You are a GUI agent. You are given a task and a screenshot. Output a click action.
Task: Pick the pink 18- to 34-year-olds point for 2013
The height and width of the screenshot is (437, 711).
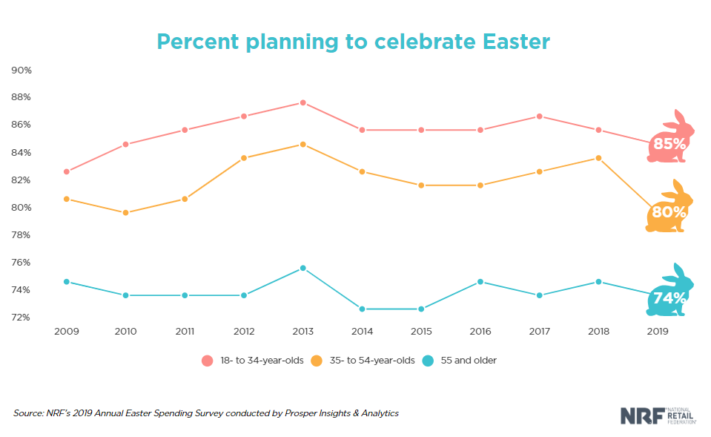click(x=302, y=102)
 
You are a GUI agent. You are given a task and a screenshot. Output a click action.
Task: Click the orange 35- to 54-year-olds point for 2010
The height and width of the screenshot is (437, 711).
click(x=125, y=212)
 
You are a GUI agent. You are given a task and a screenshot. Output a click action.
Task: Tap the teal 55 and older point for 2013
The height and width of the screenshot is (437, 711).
click(x=302, y=268)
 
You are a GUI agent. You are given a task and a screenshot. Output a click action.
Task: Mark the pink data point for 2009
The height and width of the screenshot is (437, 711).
click(x=66, y=171)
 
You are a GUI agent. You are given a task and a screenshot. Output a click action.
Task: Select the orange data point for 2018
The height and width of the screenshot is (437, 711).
click(x=598, y=158)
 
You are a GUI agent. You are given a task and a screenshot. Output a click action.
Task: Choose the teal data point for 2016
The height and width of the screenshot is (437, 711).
click(x=480, y=282)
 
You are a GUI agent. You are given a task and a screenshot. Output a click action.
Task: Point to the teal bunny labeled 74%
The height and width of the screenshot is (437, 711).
click(x=671, y=294)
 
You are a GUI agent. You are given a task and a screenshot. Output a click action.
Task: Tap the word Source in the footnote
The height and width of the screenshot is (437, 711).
click(x=28, y=413)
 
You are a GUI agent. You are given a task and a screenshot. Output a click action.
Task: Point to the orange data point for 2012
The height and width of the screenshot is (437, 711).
click(x=243, y=158)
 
